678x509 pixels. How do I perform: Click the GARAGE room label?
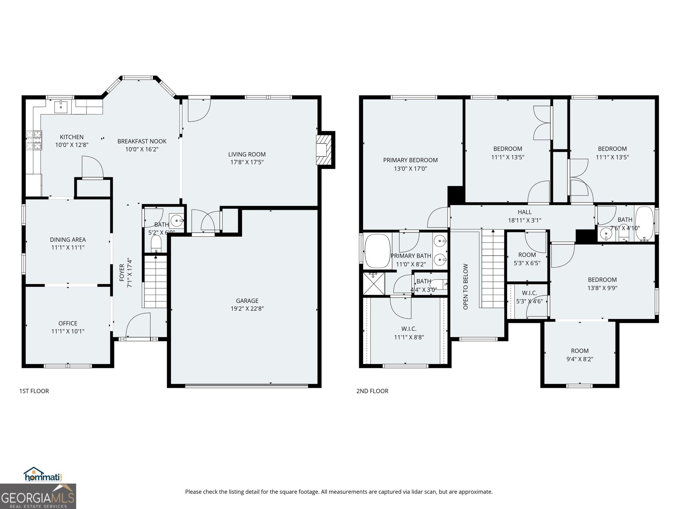[247, 301]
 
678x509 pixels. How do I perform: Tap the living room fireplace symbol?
[323, 149]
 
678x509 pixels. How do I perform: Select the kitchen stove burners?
[34, 140]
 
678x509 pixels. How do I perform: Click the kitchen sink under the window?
[61, 106]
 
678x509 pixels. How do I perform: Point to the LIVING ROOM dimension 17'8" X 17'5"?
[247, 162]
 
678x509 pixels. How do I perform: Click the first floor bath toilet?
[156, 244]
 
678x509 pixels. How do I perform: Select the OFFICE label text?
[68, 323]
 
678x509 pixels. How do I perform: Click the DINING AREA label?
[68, 240]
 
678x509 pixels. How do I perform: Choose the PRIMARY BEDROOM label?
[410, 160]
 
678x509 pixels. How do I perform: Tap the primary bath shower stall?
[373, 284]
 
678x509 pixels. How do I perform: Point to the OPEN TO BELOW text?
[465, 286]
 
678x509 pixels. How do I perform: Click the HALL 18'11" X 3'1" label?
[524, 216]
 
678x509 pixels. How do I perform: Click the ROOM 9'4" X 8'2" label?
[579, 355]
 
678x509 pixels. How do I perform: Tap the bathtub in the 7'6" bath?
[645, 224]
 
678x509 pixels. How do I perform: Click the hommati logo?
[42, 474]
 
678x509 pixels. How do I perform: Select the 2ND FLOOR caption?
[372, 391]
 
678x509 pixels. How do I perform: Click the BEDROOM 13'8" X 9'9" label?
[602, 283]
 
